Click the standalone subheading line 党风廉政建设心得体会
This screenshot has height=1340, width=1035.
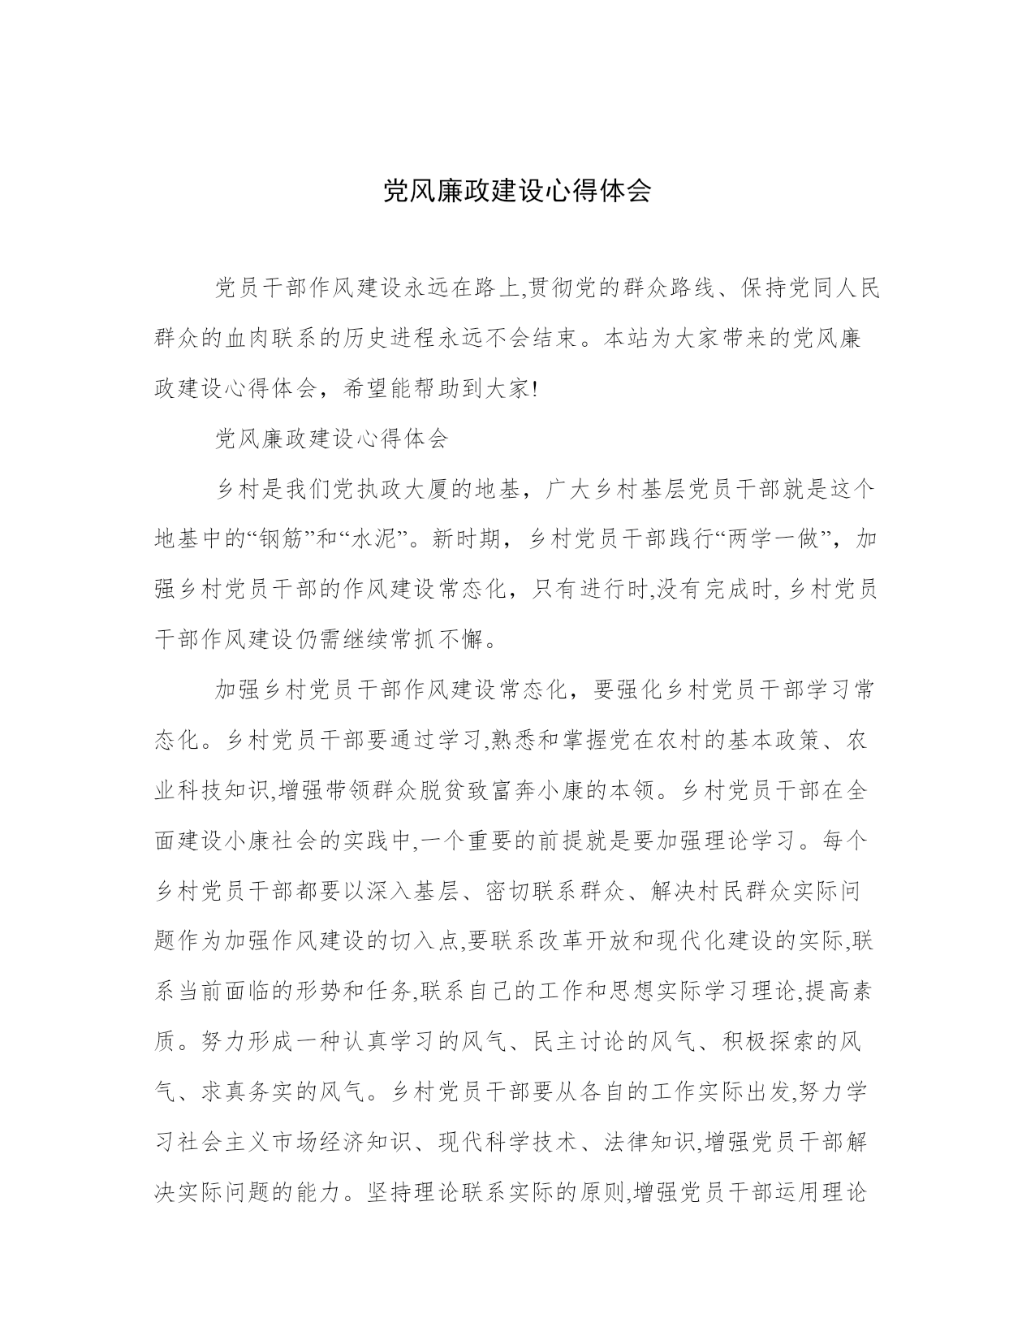[x=331, y=439]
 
